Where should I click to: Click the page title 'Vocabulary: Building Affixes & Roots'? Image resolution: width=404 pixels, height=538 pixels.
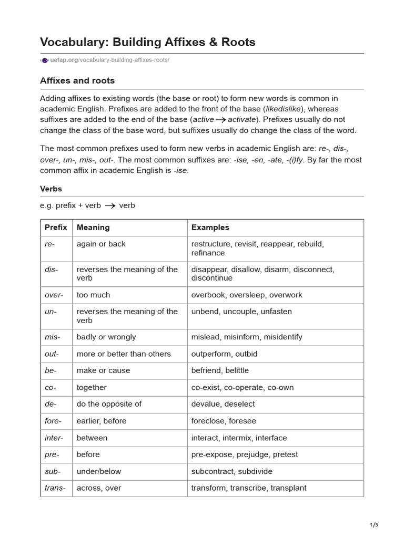[x=148, y=42]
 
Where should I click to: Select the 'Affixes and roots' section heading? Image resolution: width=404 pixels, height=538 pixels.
[x=77, y=80]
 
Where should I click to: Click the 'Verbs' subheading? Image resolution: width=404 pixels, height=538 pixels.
[x=51, y=189]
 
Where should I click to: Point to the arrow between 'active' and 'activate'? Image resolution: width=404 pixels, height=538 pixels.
[x=220, y=120]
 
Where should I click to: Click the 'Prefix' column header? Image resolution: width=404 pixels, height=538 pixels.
[x=56, y=227]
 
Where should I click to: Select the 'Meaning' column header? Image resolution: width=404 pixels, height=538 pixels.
[x=93, y=227]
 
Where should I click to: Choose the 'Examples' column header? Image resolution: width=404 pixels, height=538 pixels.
[x=210, y=227]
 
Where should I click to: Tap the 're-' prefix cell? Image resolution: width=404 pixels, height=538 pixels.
[x=50, y=244]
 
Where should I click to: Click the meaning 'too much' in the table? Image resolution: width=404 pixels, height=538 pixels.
[x=93, y=295]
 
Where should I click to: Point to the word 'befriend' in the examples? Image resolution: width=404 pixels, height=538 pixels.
[x=206, y=370]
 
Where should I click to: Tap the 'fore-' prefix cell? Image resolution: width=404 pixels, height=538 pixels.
[x=53, y=421]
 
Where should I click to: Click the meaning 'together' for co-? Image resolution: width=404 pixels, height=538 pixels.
[x=92, y=387]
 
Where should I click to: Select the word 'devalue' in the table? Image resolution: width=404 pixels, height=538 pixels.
[x=205, y=404]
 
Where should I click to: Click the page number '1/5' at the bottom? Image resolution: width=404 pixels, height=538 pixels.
[x=374, y=524]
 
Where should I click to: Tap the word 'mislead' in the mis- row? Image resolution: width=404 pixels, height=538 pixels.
[x=205, y=337]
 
